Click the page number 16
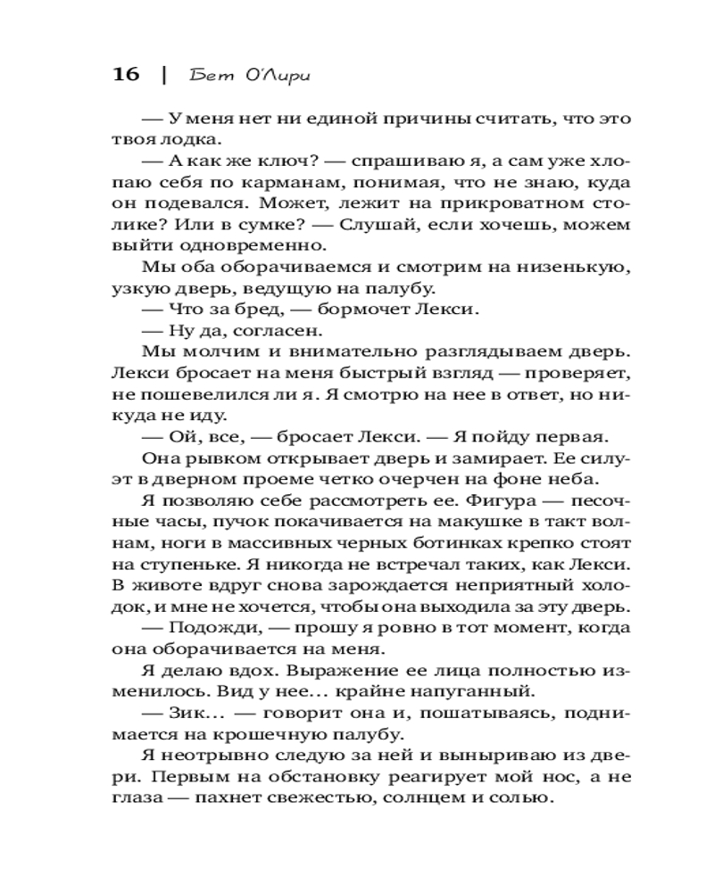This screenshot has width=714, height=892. point(126,74)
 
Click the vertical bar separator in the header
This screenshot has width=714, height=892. point(164,74)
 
